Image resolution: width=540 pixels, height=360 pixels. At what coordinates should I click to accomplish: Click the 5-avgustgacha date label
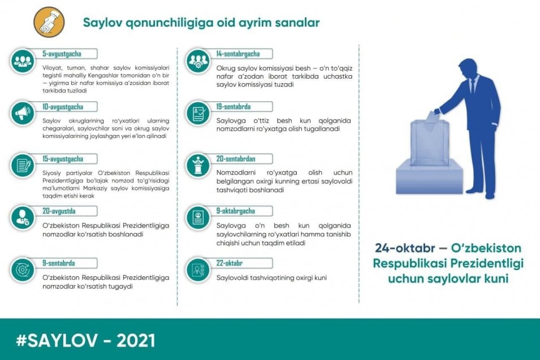(x=62, y=54)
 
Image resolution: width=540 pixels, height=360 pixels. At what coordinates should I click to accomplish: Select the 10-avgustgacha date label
(x=63, y=107)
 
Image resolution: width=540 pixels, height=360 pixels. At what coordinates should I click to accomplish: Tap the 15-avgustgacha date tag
(x=63, y=159)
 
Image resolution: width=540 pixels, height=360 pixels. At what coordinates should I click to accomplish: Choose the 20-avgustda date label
(x=59, y=211)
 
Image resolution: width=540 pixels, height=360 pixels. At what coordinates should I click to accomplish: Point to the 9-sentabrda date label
(x=59, y=263)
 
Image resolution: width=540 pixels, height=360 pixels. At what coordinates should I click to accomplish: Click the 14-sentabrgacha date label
(x=238, y=54)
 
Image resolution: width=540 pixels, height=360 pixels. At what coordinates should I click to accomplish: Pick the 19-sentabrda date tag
(x=234, y=107)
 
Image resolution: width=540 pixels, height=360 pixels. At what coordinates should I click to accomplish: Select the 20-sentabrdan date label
(x=236, y=159)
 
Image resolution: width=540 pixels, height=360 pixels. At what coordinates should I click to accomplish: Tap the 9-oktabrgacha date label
(x=236, y=211)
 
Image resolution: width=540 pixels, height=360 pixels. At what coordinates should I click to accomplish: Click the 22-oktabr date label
(x=230, y=263)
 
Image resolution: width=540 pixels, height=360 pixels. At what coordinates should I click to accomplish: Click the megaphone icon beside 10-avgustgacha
(x=23, y=113)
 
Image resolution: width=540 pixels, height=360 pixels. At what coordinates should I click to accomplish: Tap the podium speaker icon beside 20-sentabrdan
(x=198, y=166)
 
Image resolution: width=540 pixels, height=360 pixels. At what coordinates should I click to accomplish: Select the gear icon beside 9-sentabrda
(x=23, y=270)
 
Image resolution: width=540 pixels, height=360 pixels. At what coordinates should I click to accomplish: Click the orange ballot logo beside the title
(x=49, y=22)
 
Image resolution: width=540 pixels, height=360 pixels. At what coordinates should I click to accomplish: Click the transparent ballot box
(x=430, y=143)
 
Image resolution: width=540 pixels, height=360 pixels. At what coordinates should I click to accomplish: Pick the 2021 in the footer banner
(x=136, y=340)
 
